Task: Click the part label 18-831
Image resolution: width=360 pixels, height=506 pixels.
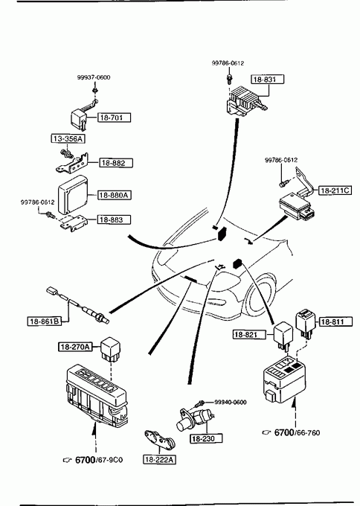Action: pyautogui.click(x=268, y=80)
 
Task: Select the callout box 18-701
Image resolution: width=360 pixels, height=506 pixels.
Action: pyautogui.click(x=115, y=118)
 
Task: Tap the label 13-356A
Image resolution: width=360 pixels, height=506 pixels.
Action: pyautogui.click(x=68, y=138)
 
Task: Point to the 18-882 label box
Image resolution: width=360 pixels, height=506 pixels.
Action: pyautogui.click(x=116, y=163)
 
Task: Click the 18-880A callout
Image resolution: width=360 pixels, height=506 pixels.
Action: pyautogui.click(x=115, y=195)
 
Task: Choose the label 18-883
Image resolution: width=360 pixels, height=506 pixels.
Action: pyautogui.click(x=115, y=220)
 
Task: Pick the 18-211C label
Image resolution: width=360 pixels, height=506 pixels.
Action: pyautogui.click(x=335, y=190)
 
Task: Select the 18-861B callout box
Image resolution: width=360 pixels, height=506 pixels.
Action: pyautogui.click(x=45, y=321)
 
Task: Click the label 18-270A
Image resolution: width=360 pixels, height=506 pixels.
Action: pyautogui.click(x=75, y=347)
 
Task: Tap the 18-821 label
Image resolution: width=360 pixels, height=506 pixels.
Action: pyautogui.click(x=250, y=335)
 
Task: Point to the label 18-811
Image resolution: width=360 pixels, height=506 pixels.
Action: pyautogui.click(x=335, y=321)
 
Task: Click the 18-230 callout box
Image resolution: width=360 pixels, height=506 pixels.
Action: pyautogui.click(x=207, y=438)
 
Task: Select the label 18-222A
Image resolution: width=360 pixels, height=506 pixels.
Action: pyautogui.click(x=160, y=460)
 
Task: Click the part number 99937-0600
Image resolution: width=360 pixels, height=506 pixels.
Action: pyautogui.click(x=94, y=77)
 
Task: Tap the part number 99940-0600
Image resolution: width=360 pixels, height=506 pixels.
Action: pyautogui.click(x=231, y=402)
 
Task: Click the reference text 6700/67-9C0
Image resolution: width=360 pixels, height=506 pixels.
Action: pyautogui.click(x=99, y=460)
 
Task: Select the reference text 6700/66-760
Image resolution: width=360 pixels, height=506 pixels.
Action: pyautogui.click(x=297, y=432)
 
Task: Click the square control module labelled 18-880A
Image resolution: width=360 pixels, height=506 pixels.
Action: pyautogui.click(x=73, y=195)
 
